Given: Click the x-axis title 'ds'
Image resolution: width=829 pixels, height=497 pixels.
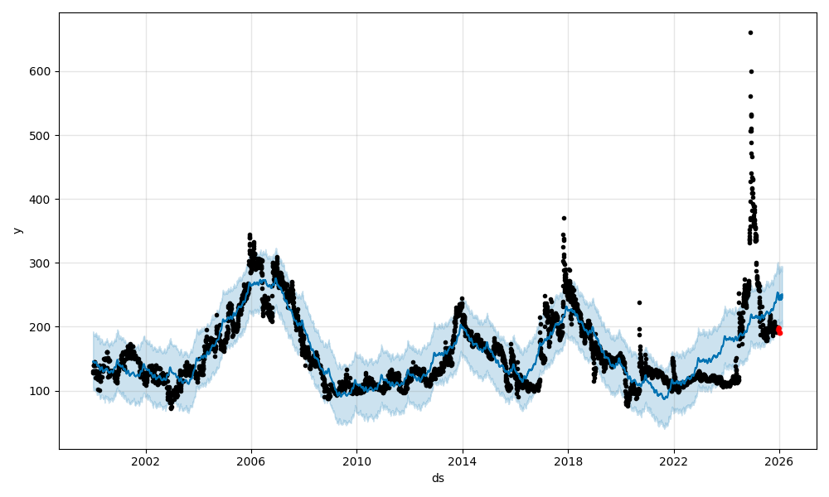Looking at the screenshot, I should [438, 479].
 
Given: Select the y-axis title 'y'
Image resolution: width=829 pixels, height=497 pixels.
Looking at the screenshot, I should [16, 230].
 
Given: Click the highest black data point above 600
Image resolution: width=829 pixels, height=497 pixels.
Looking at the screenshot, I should [750, 32].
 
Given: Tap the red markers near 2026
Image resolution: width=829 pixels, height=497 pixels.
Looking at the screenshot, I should [778, 330].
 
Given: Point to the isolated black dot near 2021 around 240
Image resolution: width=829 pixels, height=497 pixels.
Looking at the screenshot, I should [639, 302].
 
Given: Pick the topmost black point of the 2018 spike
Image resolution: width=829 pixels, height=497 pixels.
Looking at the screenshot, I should [564, 218].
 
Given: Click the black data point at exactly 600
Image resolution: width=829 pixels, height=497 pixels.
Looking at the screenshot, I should [751, 71].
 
